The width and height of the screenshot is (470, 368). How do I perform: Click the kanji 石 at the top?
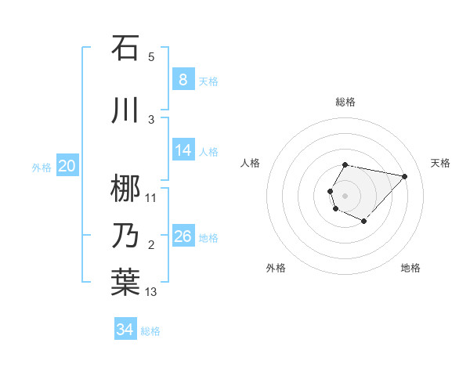[x=125, y=49]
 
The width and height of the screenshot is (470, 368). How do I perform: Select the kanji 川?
[x=125, y=110]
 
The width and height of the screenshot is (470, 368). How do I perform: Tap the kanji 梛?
[x=125, y=188]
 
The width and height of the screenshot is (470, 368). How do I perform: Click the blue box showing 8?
[x=183, y=79]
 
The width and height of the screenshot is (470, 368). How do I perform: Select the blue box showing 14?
[x=183, y=150]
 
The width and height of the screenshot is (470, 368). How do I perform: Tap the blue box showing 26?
[x=183, y=236]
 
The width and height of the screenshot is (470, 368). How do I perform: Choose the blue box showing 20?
[x=67, y=165]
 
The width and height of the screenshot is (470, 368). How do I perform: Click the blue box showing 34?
[x=125, y=330]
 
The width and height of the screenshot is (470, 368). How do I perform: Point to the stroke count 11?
[x=151, y=197]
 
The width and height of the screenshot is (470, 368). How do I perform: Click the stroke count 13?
[x=151, y=292]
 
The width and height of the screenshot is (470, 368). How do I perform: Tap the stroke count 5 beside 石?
[x=151, y=57]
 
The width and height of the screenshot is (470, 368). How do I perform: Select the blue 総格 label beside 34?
[x=150, y=331]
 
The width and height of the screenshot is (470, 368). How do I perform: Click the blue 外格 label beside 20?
[x=42, y=167]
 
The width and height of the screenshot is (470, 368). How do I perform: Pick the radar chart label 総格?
[x=345, y=102]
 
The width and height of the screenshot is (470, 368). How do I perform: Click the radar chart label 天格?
[x=440, y=163]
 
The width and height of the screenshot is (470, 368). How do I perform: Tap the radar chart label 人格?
[x=250, y=163]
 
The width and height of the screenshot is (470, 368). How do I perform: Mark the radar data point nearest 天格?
[x=404, y=176]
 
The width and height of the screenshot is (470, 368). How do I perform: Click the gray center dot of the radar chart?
[x=345, y=196]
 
